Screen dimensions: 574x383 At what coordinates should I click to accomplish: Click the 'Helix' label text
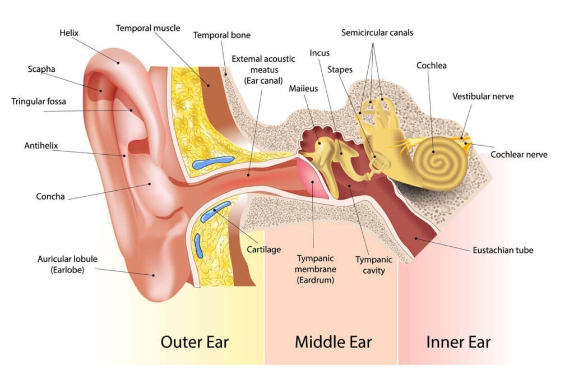tap(69, 33)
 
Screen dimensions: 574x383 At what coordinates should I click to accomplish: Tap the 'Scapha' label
tap(41, 69)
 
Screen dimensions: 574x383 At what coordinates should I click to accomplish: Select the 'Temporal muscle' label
tap(148, 28)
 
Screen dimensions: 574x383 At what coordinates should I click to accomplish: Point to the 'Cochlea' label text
tap(431, 66)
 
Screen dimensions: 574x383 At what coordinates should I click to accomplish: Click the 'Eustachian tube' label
tap(503, 250)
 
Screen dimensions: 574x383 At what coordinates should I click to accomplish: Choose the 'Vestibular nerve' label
tap(483, 96)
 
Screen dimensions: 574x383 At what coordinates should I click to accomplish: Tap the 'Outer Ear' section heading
tap(195, 342)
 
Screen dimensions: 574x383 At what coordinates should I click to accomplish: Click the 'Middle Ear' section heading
tap(333, 342)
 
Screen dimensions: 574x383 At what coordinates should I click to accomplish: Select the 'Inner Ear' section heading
tap(459, 342)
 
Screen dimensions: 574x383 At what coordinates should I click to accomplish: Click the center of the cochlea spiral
tap(434, 161)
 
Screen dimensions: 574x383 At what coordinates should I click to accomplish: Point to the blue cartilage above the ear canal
tap(212, 161)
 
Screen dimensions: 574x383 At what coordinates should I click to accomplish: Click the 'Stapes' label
tap(340, 70)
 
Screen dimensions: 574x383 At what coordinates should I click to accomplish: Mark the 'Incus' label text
tap(319, 53)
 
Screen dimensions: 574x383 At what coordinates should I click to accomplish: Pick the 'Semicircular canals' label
tap(377, 33)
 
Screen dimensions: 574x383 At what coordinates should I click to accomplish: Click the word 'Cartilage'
tap(263, 250)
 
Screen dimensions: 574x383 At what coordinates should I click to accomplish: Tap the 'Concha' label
tap(50, 197)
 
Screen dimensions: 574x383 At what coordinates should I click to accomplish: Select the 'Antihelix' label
tap(41, 146)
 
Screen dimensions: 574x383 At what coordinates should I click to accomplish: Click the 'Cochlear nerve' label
tap(519, 155)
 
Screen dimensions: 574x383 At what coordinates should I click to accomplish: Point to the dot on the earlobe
tap(154, 275)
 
